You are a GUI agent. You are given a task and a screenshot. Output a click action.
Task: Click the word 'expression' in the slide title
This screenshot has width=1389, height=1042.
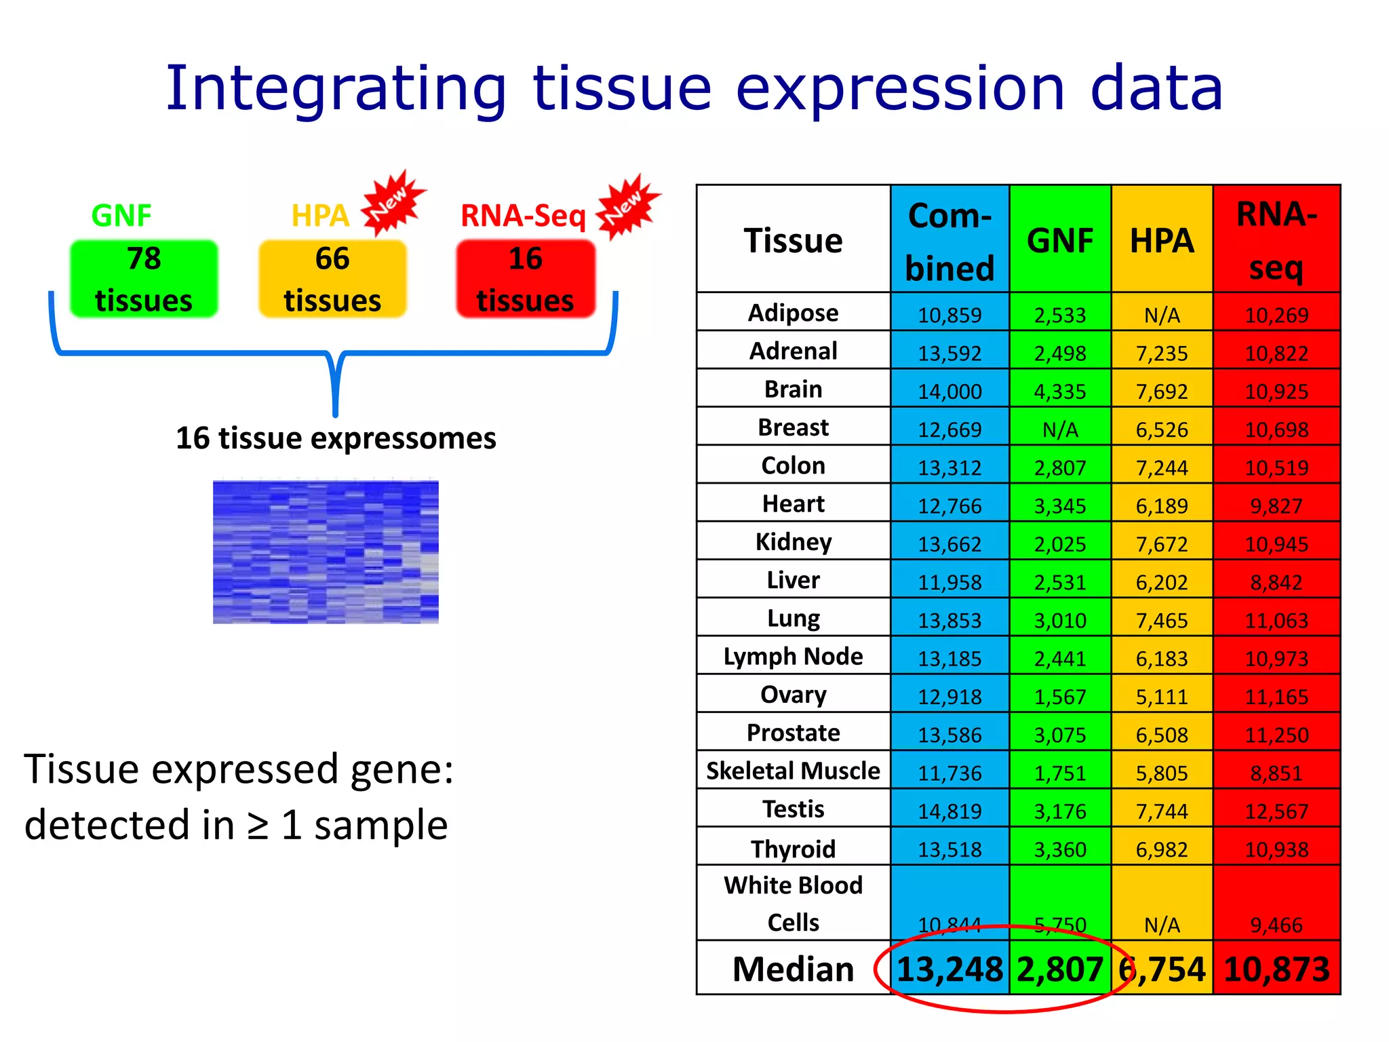click(x=900, y=90)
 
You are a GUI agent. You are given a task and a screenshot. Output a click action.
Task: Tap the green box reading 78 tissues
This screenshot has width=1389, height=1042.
click(x=144, y=279)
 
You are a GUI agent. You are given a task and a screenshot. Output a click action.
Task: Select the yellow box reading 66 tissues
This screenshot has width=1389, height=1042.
click(x=332, y=279)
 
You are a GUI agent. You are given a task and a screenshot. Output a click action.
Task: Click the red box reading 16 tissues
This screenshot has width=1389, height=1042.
click(x=526, y=279)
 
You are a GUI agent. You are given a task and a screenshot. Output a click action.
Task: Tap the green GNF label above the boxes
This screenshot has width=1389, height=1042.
click(x=121, y=216)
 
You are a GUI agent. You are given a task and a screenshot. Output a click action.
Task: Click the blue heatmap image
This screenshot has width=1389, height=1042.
click(x=326, y=552)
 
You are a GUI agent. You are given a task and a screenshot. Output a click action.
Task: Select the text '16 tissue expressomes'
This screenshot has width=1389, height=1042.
click(x=336, y=438)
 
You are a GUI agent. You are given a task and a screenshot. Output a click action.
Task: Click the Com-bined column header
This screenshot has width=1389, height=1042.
click(x=950, y=241)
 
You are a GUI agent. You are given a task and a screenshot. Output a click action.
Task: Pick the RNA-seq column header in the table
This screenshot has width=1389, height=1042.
click(x=1276, y=241)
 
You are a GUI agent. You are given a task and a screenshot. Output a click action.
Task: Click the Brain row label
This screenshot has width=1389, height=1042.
click(x=793, y=389)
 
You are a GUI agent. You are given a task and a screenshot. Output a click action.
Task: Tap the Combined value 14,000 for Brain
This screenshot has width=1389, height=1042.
click(x=950, y=391)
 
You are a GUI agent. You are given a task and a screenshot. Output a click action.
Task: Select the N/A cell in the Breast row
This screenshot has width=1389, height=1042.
click(x=1060, y=429)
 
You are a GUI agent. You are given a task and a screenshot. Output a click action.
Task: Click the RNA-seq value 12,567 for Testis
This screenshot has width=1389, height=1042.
click(x=1276, y=811)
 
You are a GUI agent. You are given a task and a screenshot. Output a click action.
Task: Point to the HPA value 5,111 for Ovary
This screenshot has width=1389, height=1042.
click(x=1162, y=697)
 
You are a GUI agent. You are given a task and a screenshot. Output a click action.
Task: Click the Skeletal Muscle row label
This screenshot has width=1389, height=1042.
click(x=793, y=771)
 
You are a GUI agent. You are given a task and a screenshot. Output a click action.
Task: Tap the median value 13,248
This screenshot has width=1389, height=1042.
click(x=950, y=969)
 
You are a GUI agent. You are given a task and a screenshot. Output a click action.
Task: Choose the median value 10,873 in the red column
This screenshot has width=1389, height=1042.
click(x=1276, y=969)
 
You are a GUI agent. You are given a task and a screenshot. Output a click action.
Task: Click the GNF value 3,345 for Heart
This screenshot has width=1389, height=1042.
click(x=1060, y=506)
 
